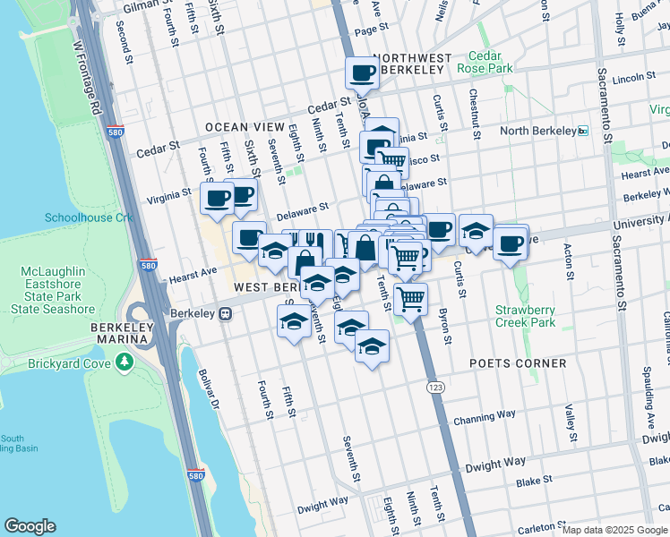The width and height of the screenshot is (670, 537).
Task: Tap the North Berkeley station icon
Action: click(x=583, y=131)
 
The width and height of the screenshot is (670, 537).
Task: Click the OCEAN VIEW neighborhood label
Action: click(x=245, y=128)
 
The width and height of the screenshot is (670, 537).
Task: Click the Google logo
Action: click(x=30, y=525)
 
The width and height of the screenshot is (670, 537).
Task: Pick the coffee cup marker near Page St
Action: click(x=362, y=72)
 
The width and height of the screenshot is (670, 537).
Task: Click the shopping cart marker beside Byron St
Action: click(x=410, y=299)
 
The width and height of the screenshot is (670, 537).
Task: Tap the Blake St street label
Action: click(x=534, y=481)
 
